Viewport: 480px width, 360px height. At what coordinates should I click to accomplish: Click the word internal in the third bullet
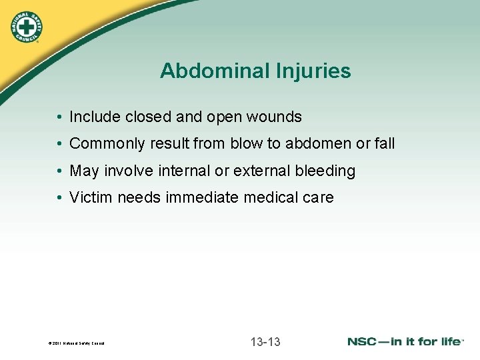(x=184, y=171)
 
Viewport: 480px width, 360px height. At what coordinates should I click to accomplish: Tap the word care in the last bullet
(x=318, y=198)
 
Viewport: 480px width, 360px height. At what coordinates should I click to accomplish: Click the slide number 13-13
(x=265, y=342)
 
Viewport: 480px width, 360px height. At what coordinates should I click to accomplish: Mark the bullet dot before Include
(x=60, y=118)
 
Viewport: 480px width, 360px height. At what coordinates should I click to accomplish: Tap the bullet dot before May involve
(x=60, y=172)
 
